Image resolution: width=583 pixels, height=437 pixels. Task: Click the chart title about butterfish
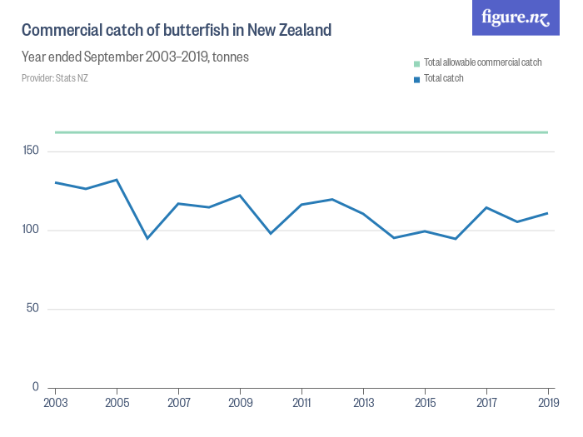point(177,31)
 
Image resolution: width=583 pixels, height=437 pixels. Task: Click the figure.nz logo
point(516,17)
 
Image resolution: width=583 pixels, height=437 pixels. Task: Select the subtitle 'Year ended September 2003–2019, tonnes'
point(135,57)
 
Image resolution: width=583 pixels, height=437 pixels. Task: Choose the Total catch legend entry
point(443,78)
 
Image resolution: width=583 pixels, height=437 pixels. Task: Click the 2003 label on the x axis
point(56,402)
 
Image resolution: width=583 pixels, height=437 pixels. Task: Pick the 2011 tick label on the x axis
point(301,402)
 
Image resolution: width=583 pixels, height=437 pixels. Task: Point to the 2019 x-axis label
point(547,402)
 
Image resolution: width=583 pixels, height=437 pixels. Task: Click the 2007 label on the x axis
point(178,402)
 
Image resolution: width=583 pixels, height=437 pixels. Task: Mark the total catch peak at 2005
point(117,180)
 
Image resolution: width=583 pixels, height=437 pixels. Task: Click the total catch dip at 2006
point(147,239)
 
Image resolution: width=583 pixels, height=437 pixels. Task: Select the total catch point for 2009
point(240,196)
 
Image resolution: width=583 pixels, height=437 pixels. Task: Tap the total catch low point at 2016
point(456,239)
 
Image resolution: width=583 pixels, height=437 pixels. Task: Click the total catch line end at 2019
point(547,213)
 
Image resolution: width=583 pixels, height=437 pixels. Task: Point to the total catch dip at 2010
point(271,233)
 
